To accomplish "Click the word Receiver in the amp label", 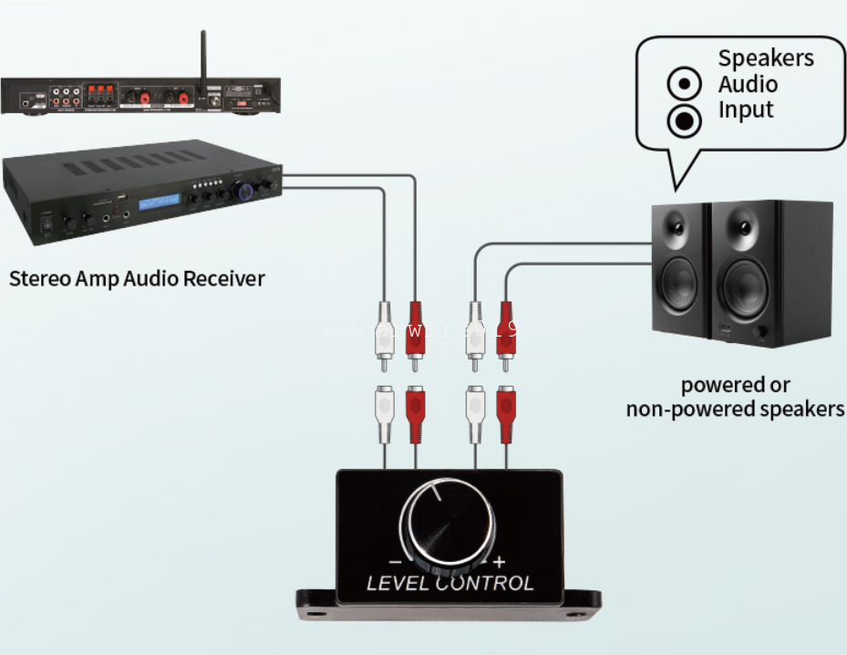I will coord(224,277).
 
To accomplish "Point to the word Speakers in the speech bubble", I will coord(765,58).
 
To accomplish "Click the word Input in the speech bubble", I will coord(745,110).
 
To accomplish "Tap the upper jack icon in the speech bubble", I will coord(684,85).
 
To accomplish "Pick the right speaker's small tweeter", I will coord(743,225).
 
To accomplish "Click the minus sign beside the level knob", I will coord(395,562).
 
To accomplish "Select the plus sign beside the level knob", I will coord(499,562).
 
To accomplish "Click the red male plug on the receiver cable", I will coord(415,334).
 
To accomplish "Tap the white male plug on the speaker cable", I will coord(473,334).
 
